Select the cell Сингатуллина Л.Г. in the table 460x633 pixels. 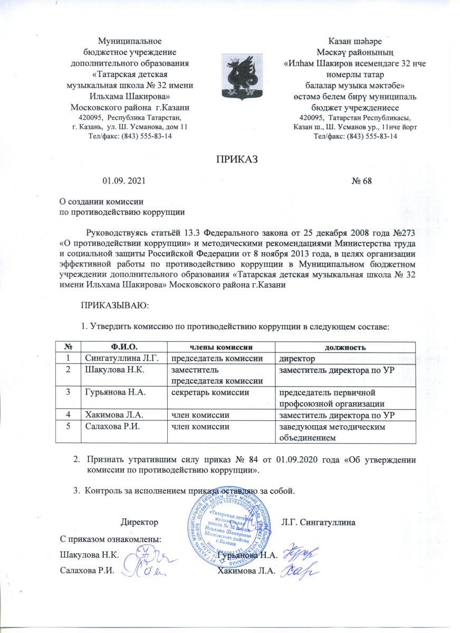pos(117,358)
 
